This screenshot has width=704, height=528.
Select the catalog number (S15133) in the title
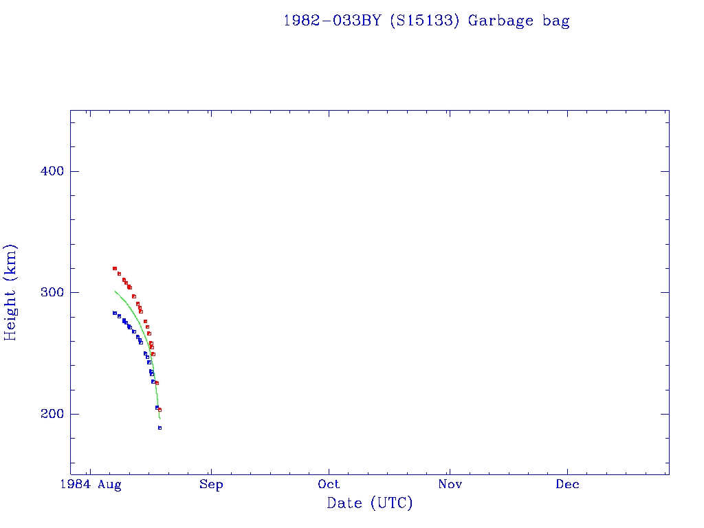(423, 21)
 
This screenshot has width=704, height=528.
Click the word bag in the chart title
(556, 21)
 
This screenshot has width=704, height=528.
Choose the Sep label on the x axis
(211, 485)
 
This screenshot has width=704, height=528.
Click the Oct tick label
(329, 485)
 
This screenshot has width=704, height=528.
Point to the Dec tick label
(568, 485)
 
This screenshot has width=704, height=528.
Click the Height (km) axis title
(11, 292)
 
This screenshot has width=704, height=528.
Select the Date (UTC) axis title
(370, 503)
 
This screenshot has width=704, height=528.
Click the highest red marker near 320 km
(115, 268)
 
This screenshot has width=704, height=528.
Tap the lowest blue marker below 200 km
(159, 428)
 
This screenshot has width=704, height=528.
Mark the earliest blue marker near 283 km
(115, 313)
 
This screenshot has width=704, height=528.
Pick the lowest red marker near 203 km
(159, 410)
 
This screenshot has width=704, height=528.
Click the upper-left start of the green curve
(115, 291)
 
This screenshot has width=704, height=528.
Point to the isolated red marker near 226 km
(157, 383)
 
